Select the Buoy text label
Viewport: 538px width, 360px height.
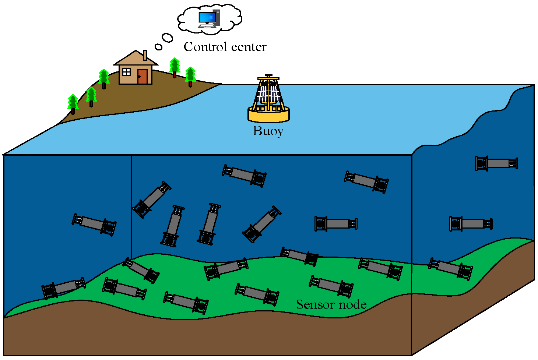(268, 131)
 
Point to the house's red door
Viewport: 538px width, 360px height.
(143, 77)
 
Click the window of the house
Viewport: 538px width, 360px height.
(126, 72)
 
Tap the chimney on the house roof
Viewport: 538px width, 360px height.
(145, 55)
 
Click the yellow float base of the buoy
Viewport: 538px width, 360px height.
(268, 115)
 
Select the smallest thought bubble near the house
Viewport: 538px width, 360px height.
(158, 47)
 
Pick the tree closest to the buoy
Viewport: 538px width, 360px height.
(190, 76)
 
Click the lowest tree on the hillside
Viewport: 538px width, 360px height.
(73, 104)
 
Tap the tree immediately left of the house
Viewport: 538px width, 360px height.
(104, 78)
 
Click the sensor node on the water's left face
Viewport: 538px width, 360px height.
(94, 224)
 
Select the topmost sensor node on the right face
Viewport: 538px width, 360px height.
(496, 163)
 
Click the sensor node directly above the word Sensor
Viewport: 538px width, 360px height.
(331, 286)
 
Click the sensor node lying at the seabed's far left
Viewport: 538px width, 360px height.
(63, 287)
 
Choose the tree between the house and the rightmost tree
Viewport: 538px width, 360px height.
(175, 67)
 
